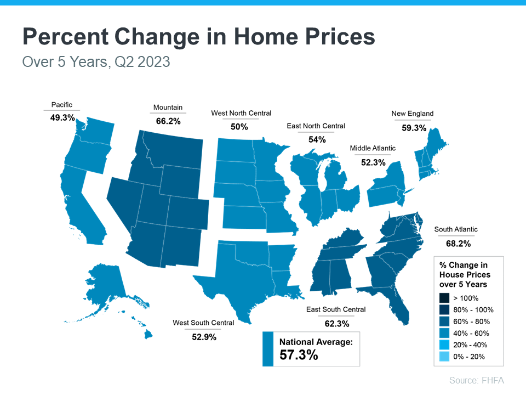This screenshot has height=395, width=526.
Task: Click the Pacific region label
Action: point(61,105)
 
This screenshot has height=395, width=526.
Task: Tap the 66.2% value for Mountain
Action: point(168,121)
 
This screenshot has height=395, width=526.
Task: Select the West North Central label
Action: point(241,113)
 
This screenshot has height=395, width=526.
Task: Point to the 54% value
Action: point(317,139)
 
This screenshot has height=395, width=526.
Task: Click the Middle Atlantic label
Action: point(373,148)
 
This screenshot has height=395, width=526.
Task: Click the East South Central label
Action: point(336,309)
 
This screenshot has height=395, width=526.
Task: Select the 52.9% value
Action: point(203,337)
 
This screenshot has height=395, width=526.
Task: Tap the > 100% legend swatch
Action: point(444,298)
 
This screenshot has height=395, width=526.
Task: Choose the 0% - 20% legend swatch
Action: point(444,357)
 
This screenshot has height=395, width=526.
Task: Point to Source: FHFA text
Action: point(476,380)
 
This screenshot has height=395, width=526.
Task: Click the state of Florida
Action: point(398,307)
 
